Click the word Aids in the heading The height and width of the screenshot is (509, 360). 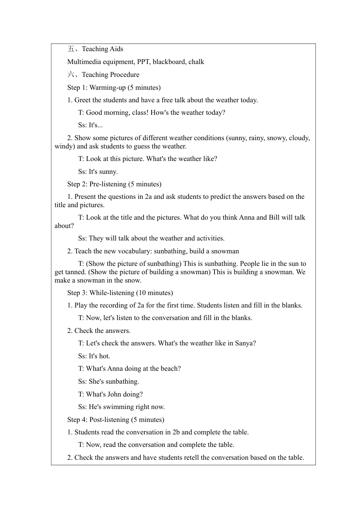click(x=116, y=49)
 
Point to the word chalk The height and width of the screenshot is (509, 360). click(x=196, y=62)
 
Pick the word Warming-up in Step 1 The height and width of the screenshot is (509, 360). click(x=108, y=87)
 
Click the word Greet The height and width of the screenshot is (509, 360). click(x=83, y=100)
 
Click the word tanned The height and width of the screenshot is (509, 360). click(x=75, y=272)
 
